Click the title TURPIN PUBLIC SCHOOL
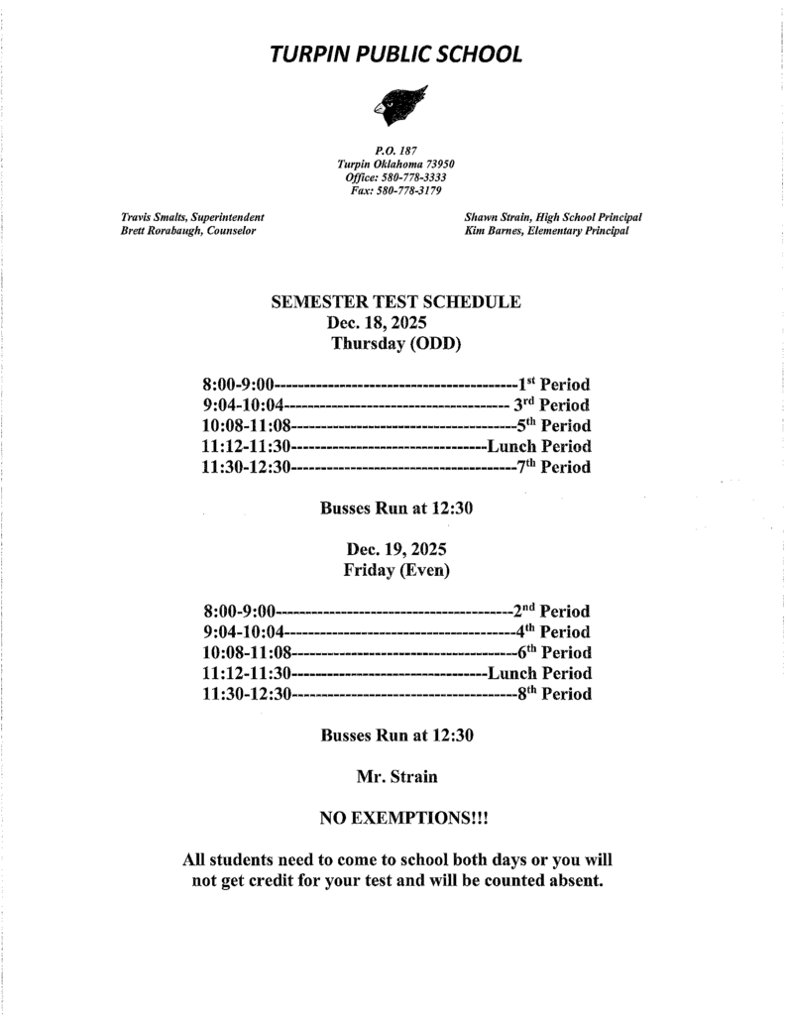395,55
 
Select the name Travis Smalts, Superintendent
192,217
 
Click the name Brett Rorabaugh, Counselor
188,231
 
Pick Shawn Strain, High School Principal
552,217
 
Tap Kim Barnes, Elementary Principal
546,231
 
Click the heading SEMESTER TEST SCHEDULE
395,302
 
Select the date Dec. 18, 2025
377,323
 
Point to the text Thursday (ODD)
396,344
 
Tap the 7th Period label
554,467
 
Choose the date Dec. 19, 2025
396,549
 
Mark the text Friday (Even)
396,570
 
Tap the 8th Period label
554,694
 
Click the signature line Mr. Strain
396,777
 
